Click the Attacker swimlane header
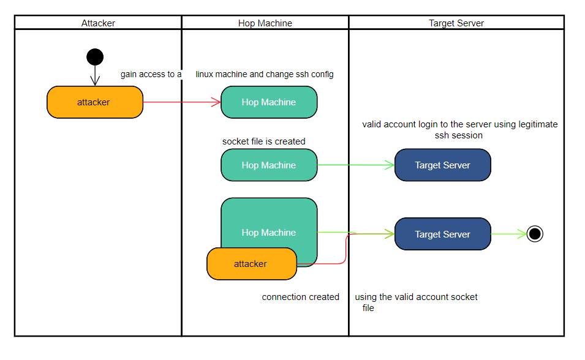tap(98, 23)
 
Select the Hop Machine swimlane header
tap(265, 23)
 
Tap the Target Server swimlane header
tap(456, 23)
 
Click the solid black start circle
tap(95, 57)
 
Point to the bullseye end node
tap(535, 234)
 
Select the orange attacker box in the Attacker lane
tap(94, 102)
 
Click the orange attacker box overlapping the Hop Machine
tap(251, 264)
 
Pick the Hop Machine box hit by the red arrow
tap(269, 102)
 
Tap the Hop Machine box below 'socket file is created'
tap(269, 165)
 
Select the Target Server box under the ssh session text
tap(442, 165)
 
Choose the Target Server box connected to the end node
tap(442, 234)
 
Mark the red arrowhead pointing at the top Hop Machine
tap(216, 102)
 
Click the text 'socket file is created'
tap(263, 141)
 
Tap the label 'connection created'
tap(300, 297)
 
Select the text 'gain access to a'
tap(151, 74)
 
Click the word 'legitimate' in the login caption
tap(538, 124)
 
